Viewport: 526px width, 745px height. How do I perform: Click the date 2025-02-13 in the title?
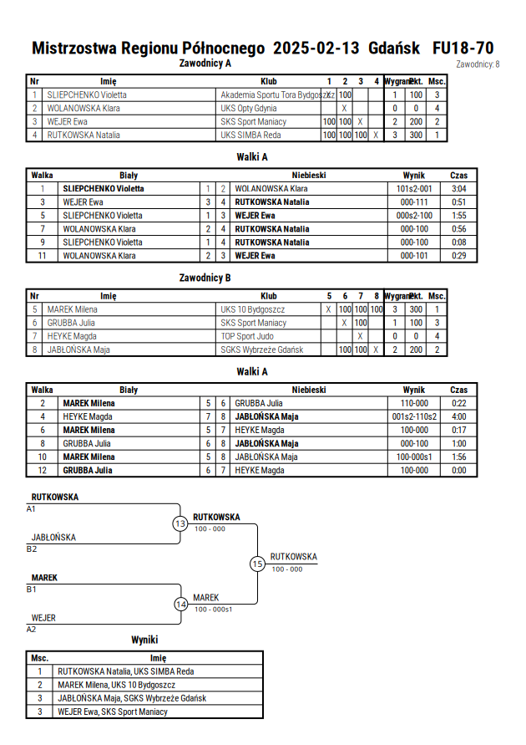click(316, 48)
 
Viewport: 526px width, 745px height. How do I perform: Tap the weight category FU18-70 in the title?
click(463, 48)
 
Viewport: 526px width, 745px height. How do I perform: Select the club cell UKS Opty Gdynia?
click(249, 109)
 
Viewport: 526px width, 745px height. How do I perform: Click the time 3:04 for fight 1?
click(458, 189)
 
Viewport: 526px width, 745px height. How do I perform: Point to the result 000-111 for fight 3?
click(414, 202)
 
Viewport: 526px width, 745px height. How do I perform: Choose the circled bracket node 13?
click(180, 523)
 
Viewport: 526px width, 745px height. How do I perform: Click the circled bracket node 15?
click(257, 564)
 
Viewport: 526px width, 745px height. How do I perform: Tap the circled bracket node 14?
click(181, 605)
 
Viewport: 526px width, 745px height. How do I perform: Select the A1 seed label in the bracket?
click(31, 509)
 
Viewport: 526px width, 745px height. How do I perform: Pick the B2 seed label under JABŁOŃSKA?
click(31, 549)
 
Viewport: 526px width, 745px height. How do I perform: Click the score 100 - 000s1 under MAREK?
click(214, 610)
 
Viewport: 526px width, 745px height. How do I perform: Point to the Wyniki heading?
click(144, 640)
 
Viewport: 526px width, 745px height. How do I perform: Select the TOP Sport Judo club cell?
click(247, 336)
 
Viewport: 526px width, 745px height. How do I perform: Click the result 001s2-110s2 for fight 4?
click(414, 416)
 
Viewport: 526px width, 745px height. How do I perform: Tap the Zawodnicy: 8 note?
click(478, 64)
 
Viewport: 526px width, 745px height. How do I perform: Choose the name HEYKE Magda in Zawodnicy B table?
click(72, 336)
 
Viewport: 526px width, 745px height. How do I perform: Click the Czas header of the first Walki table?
click(458, 176)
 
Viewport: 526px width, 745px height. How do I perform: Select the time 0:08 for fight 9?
click(458, 242)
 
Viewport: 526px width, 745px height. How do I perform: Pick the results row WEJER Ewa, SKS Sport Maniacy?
click(113, 712)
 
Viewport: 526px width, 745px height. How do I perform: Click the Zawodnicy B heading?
click(205, 278)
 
